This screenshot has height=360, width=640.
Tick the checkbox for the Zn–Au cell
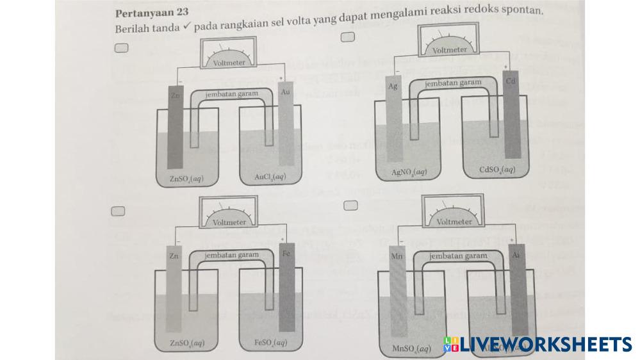pos(122,47)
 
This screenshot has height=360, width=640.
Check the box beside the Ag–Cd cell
pos(348,37)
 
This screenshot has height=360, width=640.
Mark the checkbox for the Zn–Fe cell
pos(117,211)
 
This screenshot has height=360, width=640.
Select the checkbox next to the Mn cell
pos(350,205)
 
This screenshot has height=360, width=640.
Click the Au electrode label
pos(286,92)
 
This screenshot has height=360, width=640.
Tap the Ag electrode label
pos(393,86)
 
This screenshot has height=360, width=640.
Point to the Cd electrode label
pos(511,81)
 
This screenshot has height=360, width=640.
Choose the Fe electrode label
pos(287,254)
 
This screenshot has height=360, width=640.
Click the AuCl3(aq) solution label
pos(270,177)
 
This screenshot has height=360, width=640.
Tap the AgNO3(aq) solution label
pos(409,172)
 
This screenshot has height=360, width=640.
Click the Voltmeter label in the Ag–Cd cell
pos(449,50)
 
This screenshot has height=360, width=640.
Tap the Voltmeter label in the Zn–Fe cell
pos(229,222)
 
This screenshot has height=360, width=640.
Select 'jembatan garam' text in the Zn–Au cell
pos(231,94)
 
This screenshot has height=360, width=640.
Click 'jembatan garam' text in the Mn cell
pos(457,256)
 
